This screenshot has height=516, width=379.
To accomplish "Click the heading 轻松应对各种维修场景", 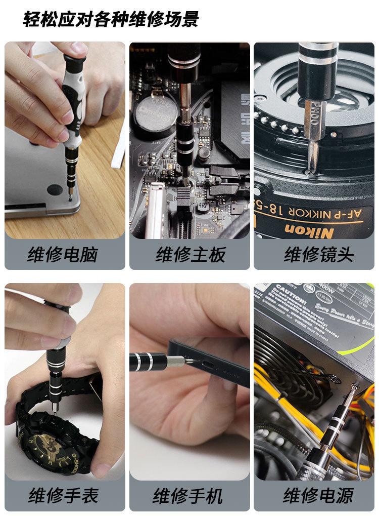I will (111, 19).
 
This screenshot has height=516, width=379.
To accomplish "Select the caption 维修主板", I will (189, 254).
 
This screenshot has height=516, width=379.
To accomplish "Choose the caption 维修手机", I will (189, 495).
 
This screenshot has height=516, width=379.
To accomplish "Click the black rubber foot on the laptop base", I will (55, 190).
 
